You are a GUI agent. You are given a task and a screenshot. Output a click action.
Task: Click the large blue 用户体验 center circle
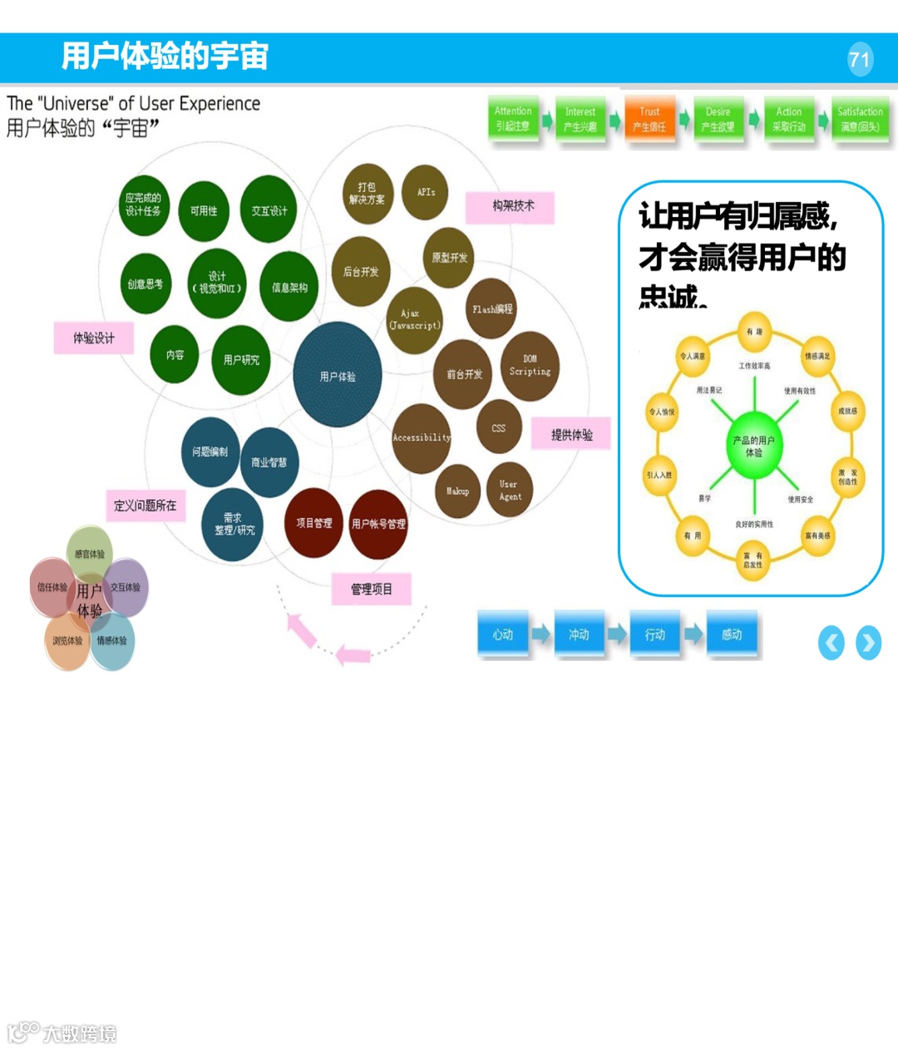[338, 375]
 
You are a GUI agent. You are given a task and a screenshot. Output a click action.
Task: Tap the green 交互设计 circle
[269, 210]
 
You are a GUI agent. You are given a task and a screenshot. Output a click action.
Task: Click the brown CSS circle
[499, 427]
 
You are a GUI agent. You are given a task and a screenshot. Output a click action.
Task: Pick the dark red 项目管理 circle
[313, 523]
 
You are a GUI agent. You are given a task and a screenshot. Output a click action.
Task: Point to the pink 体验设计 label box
[93, 338]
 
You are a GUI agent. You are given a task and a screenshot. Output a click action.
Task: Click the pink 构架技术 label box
[510, 206]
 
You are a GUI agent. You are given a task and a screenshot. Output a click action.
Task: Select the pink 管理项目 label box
[371, 589]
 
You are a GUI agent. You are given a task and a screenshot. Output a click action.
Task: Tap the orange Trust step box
[649, 119]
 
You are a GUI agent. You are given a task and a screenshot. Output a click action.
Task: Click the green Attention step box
[512, 119]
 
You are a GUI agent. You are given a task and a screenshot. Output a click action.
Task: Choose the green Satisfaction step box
[860, 119]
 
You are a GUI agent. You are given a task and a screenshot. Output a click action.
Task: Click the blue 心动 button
[503, 634]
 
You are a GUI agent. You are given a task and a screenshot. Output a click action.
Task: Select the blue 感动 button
[732, 634]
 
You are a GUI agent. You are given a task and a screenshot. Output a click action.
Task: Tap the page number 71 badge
[860, 60]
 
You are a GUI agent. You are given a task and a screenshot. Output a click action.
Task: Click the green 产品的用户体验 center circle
[753, 446]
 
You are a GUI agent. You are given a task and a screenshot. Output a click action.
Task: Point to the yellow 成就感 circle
[847, 411]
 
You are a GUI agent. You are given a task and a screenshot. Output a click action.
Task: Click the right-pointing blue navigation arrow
[869, 643]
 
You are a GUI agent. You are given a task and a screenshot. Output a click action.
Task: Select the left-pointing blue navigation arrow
[831, 643]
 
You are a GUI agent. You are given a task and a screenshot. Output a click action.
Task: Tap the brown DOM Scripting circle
[530, 366]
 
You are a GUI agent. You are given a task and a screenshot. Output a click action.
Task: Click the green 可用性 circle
[204, 211]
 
